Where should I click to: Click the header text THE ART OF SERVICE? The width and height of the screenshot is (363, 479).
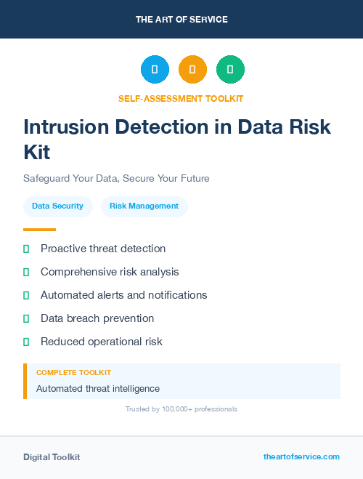[181, 20]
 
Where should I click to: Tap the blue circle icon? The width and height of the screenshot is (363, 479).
[155, 70]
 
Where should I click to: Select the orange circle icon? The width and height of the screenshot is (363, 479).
[192, 70]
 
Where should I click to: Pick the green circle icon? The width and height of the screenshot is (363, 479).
[230, 70]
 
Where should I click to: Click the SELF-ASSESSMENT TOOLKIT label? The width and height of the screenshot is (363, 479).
[181, 98]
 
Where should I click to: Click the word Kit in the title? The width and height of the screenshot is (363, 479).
[37, 152]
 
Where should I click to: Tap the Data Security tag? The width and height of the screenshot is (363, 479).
[57, 206]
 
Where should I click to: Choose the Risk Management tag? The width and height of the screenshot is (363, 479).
[144, 206]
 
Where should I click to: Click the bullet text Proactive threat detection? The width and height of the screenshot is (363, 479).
[103, 249]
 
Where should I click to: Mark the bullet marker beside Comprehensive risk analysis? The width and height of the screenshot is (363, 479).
[26, 272]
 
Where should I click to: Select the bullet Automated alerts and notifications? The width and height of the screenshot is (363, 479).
[123, 295]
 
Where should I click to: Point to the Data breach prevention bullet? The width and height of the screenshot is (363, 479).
[97, 318]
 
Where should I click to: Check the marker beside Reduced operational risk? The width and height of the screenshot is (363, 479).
[26, 342]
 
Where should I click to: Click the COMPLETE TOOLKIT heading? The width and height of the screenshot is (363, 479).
[73, 372]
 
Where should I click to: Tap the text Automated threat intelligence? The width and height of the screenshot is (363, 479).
[98, 389]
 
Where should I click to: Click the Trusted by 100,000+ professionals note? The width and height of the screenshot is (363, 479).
[181, 409]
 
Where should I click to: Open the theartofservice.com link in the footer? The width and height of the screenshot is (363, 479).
[301, 456]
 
